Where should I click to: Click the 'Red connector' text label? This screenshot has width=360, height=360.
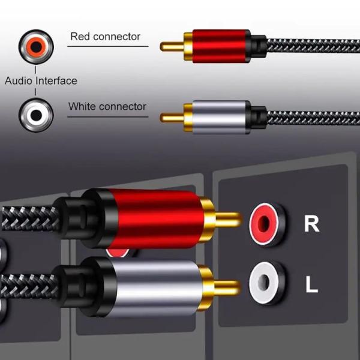[x=105, y=36]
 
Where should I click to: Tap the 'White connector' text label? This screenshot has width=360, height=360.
[x=107, y=107]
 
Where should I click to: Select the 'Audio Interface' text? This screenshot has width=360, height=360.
[x=41, y=80]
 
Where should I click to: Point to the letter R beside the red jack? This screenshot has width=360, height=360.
[x=311, y=224]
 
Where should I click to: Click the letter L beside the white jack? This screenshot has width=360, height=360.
[x=311, y=284]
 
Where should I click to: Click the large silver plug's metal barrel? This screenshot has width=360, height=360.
[x=156, y=287]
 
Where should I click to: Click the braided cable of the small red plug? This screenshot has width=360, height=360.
[x=312, y=46]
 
